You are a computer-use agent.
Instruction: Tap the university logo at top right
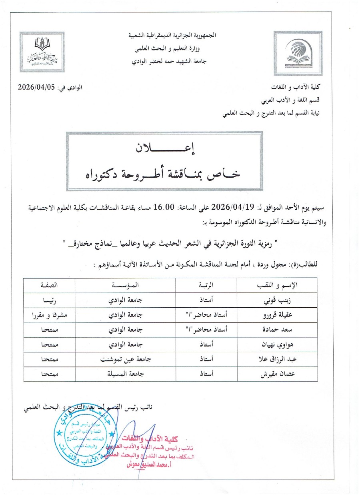pyautogui.click(x=302, y=50)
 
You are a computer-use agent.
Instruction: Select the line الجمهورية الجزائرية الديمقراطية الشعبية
pyautogui.click(x=172, y=35)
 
